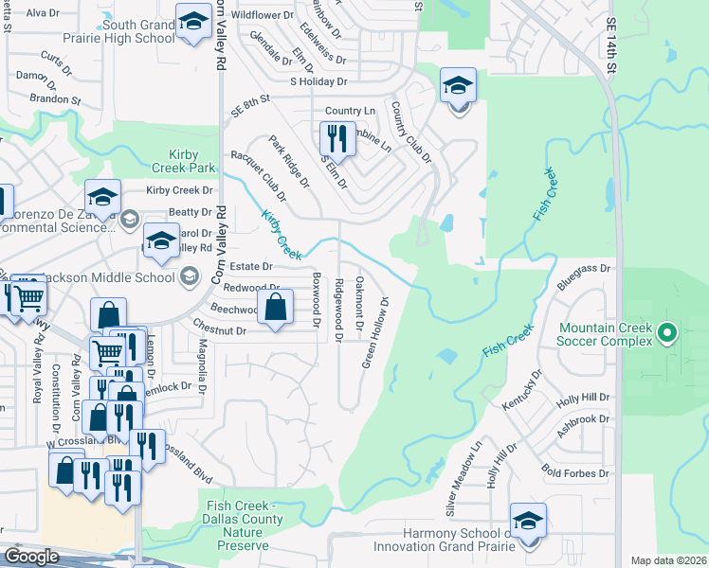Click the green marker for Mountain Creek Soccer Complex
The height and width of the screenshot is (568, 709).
(x=667, y=331)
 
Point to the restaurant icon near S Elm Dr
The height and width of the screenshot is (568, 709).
(x=336, y=138)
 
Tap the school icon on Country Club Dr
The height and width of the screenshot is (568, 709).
(x=458, y=87)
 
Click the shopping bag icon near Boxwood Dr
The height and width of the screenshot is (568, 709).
(x=275, y=308)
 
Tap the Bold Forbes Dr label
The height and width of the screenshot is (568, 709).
(x=573, y=471)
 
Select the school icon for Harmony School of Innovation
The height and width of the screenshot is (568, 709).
(x=528, y=522)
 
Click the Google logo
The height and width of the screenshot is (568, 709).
(x=31, y=556)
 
